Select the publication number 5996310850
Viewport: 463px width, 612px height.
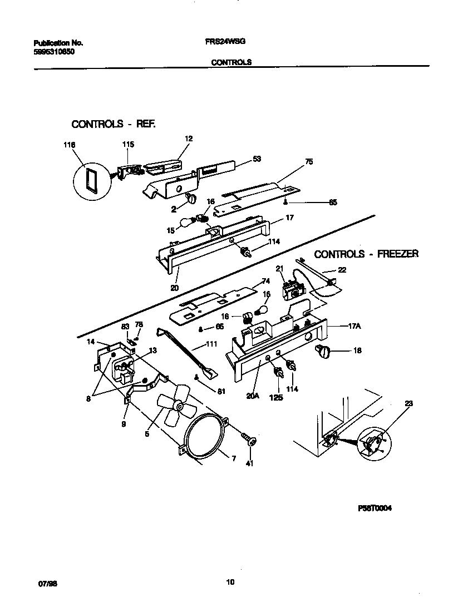[55, 51]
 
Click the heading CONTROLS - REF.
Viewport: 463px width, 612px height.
[114, 124]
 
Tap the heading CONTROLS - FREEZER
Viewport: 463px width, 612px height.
[366, 254]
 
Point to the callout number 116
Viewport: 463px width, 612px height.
[69, 145]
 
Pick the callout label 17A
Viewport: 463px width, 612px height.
[354, 327]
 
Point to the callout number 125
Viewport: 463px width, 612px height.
[277, 397]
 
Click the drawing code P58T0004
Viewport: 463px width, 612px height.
[375, 508]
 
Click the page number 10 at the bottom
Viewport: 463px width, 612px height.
[230, 583]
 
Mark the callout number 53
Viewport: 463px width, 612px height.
[257, 159]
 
